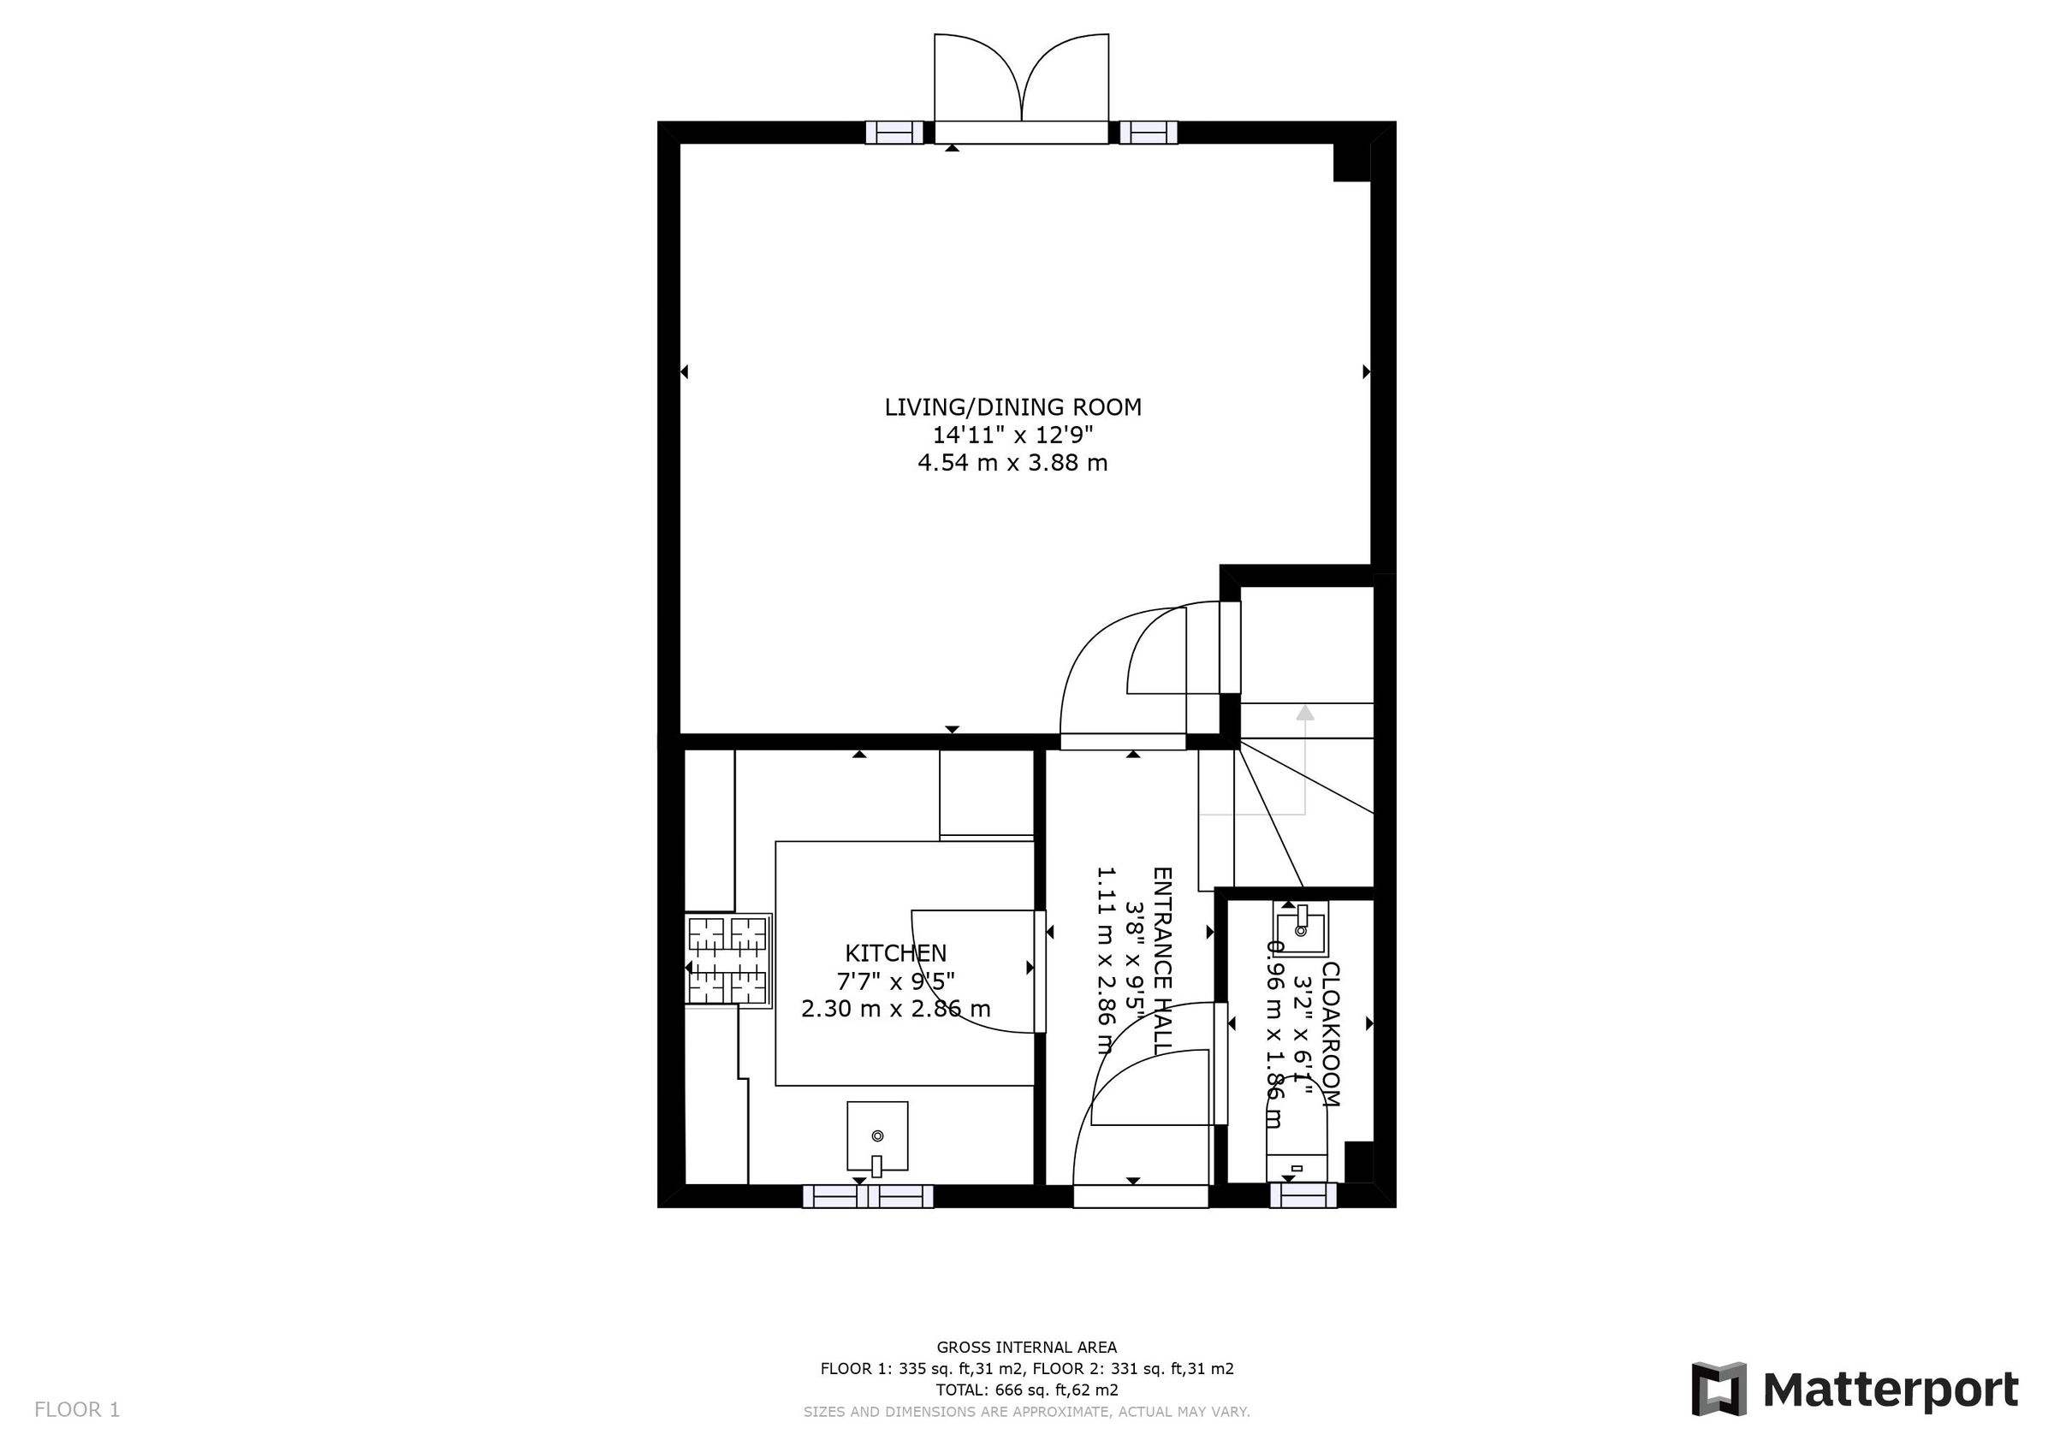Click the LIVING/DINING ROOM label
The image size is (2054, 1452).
(1012, 407)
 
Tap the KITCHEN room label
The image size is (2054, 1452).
(895, 953)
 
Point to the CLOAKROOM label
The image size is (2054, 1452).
(1330, 1034)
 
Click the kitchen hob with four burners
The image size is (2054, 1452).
(728, 960)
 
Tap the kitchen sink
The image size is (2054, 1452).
(876, 1136)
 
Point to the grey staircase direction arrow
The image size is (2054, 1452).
(1305, 713)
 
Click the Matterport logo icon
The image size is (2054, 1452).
(1719, 1390)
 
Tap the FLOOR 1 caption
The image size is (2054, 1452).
(77, 1410)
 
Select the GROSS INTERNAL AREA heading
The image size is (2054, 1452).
(1026, 1348)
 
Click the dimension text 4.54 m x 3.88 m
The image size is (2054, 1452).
(1012, 464)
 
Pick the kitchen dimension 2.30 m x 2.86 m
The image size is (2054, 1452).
(895, 1009)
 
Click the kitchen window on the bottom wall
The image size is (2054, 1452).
(868, 1196)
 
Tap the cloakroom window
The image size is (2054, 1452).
(1303, 1196)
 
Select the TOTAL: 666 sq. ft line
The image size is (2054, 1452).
(1026, 1390)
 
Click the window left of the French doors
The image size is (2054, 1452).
(893, 133)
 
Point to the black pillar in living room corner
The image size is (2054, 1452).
(1351, 163)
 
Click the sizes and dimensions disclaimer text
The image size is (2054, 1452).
(1026, 1412)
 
